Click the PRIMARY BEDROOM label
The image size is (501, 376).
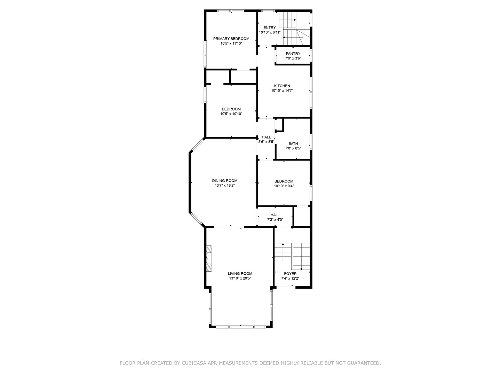[231, 39]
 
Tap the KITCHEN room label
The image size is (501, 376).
[282, 86]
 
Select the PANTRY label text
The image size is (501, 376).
[293, 54]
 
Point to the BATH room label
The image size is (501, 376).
[293, 143]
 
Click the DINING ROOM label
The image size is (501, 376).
[225, 181]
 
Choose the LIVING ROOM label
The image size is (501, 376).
[240, 274]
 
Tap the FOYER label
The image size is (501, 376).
[290, 274]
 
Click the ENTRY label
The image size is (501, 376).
[270, 28]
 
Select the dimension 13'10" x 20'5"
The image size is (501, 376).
[240, 278]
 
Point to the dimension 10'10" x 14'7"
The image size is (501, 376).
[282, 91]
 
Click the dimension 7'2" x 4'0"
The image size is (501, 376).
[275, 220]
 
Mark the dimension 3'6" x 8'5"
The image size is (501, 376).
[266, 142]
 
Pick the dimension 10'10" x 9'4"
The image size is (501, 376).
[284, 186]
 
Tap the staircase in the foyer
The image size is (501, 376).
[292, 256]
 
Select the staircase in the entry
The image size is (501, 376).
[294, 29]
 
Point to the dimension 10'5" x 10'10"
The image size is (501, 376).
[231, 114]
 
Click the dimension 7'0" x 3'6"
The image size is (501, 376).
[293, 58]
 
